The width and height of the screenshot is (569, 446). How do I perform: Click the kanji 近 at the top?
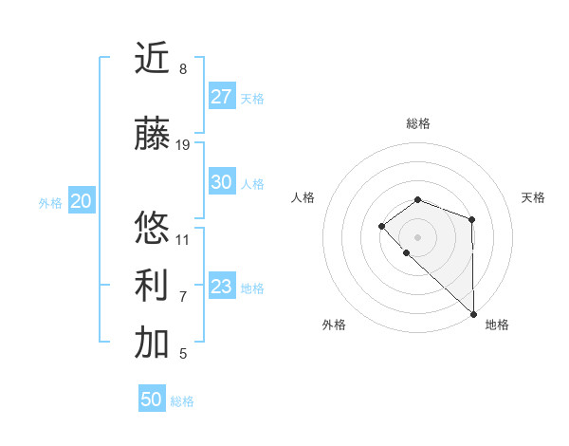pos(152,58)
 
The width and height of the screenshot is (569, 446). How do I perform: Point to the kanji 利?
pos(152,285)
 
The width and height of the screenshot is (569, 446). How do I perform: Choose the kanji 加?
pos(152,344)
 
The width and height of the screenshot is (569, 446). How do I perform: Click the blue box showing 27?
pos(222,97)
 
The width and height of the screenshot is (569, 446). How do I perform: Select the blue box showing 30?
pos(222,182)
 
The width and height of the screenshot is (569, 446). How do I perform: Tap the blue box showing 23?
pos(222,287)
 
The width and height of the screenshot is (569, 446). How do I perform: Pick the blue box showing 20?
pos(82,201)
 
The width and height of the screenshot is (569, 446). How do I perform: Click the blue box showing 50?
pos(152,400)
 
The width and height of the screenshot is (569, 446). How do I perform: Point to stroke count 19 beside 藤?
pos(183,145)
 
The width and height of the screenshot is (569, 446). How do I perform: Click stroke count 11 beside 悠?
pos(183,239)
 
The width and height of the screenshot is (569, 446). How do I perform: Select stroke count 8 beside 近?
pos(183,69)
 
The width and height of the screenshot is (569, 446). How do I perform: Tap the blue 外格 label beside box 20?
pos(50,203)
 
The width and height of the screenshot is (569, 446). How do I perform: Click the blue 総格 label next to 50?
pos(182,401)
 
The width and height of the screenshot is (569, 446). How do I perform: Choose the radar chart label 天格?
pos(533,197)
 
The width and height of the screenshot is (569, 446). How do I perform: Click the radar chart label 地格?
pos(497,325)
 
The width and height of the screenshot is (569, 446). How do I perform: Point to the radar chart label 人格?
pos(303,197)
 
